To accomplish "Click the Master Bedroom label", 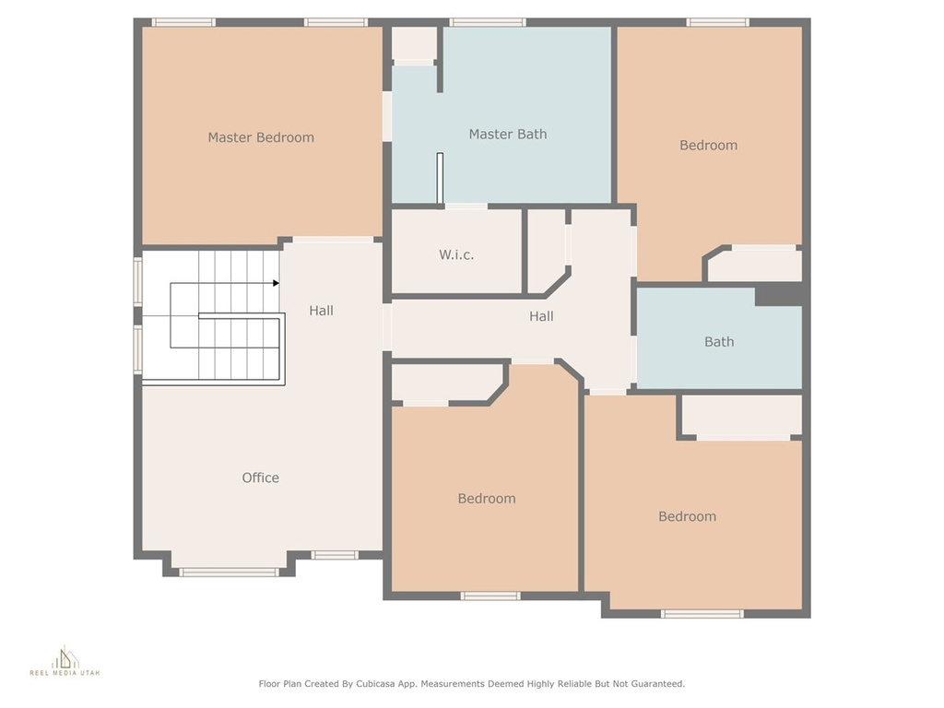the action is pos(261,137).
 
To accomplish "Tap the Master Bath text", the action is pos(508,135).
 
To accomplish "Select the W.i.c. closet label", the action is pos(455,254).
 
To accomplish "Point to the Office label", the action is pos(260,478).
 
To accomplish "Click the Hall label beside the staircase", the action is pos(321,311).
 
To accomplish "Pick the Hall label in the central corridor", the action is pos(541,316).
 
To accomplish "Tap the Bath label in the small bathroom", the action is pos(719,341).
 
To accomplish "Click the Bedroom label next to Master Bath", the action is pos(708,145).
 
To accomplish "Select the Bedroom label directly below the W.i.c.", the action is pos(487,499).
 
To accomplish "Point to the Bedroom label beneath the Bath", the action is pos(687,516).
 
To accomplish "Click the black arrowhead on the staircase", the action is pos(276,283).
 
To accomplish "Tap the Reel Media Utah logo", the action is pos(65,661).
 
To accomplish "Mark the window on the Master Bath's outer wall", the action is pos(488,22).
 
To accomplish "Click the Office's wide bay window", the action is pos(229,572).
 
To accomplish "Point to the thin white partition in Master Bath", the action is pos(440,178).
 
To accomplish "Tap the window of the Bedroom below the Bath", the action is pos(702,613).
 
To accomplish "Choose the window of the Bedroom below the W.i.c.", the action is pos(490,596).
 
